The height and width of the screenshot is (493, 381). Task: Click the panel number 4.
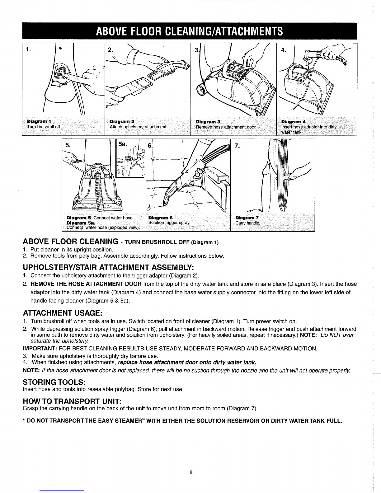(x=283, y=49)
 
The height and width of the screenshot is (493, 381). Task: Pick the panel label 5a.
(x=123, y=144)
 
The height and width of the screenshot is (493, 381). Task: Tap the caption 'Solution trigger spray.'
(x=169, y=223)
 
